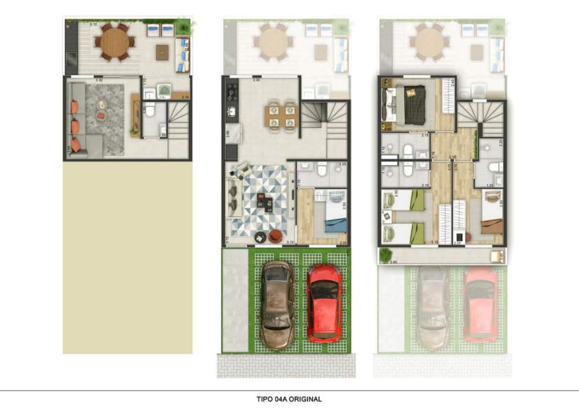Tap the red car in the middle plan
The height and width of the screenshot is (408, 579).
tap(324, 302)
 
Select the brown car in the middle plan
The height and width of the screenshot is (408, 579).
tap(277, 304)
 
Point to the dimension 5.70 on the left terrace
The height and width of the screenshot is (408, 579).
tap(93, 25)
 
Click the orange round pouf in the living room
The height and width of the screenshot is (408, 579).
tap(275, 235)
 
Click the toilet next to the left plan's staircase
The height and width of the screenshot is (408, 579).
tap(150, 109)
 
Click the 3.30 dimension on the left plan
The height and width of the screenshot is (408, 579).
tap(99, 79)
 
